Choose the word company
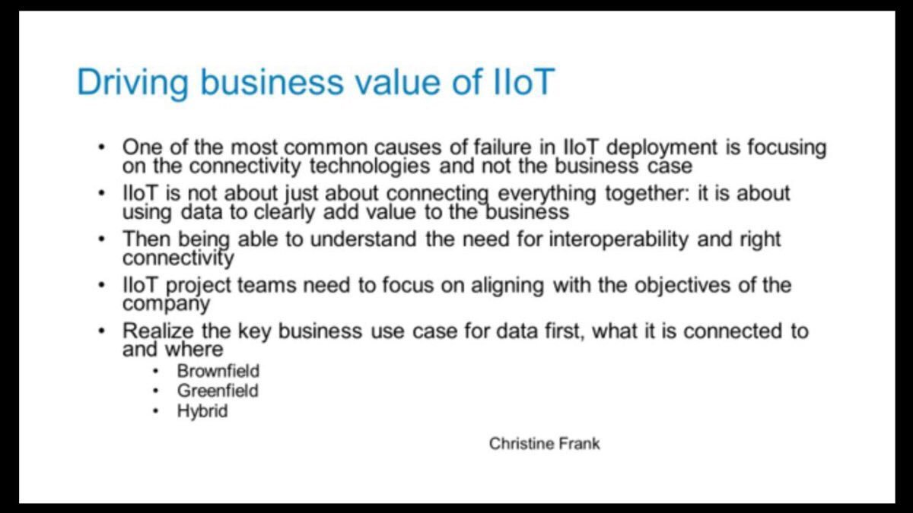coord(166,304)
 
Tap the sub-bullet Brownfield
coord(218,372)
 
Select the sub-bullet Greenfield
coord(218,391)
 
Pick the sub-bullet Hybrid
coord(202,412)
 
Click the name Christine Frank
coord(544,443)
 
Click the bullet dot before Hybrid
coord(157,411)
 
